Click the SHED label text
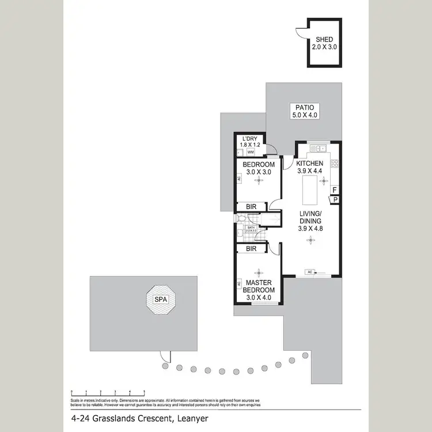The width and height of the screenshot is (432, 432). (x=323, y=40)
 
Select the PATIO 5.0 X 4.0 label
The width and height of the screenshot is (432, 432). (x=305, y=111)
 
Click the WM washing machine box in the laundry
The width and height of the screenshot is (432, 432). (x=251, y=153)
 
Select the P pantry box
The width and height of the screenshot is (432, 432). (x=335, y=199)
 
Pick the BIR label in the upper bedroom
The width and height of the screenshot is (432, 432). (x=251, y=206)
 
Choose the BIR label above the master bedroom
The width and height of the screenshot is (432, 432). (x=251, y=248)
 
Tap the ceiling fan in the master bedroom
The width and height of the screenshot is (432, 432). (x=259, y=272)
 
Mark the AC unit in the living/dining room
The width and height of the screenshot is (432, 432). (x=311, y=272)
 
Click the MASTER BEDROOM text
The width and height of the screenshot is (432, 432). (x=260, y=286)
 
